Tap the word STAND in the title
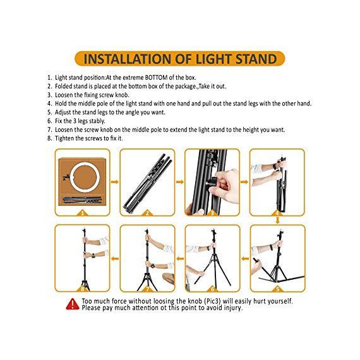click(x=256, y=59)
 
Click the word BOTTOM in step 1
click(x=156, y=78)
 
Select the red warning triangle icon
click(x=73, y=304)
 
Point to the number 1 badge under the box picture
click(x=83, y=213)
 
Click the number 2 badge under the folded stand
click(x=147, y=213)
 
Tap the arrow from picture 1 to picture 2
click(x=115, y=182)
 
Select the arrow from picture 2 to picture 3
click(x=180, y=182)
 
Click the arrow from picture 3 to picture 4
click(x=244, y=182)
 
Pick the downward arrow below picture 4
click(x=277, y=220)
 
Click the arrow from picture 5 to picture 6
click(x=245, y=259)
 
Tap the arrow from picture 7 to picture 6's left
click(x=180, y=259)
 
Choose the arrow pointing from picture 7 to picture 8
click(x=115, y=259)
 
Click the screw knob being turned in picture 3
click(x=213, y=181)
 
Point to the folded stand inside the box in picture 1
click(x=82, y=200)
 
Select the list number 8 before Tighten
click(x=50, y=138)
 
